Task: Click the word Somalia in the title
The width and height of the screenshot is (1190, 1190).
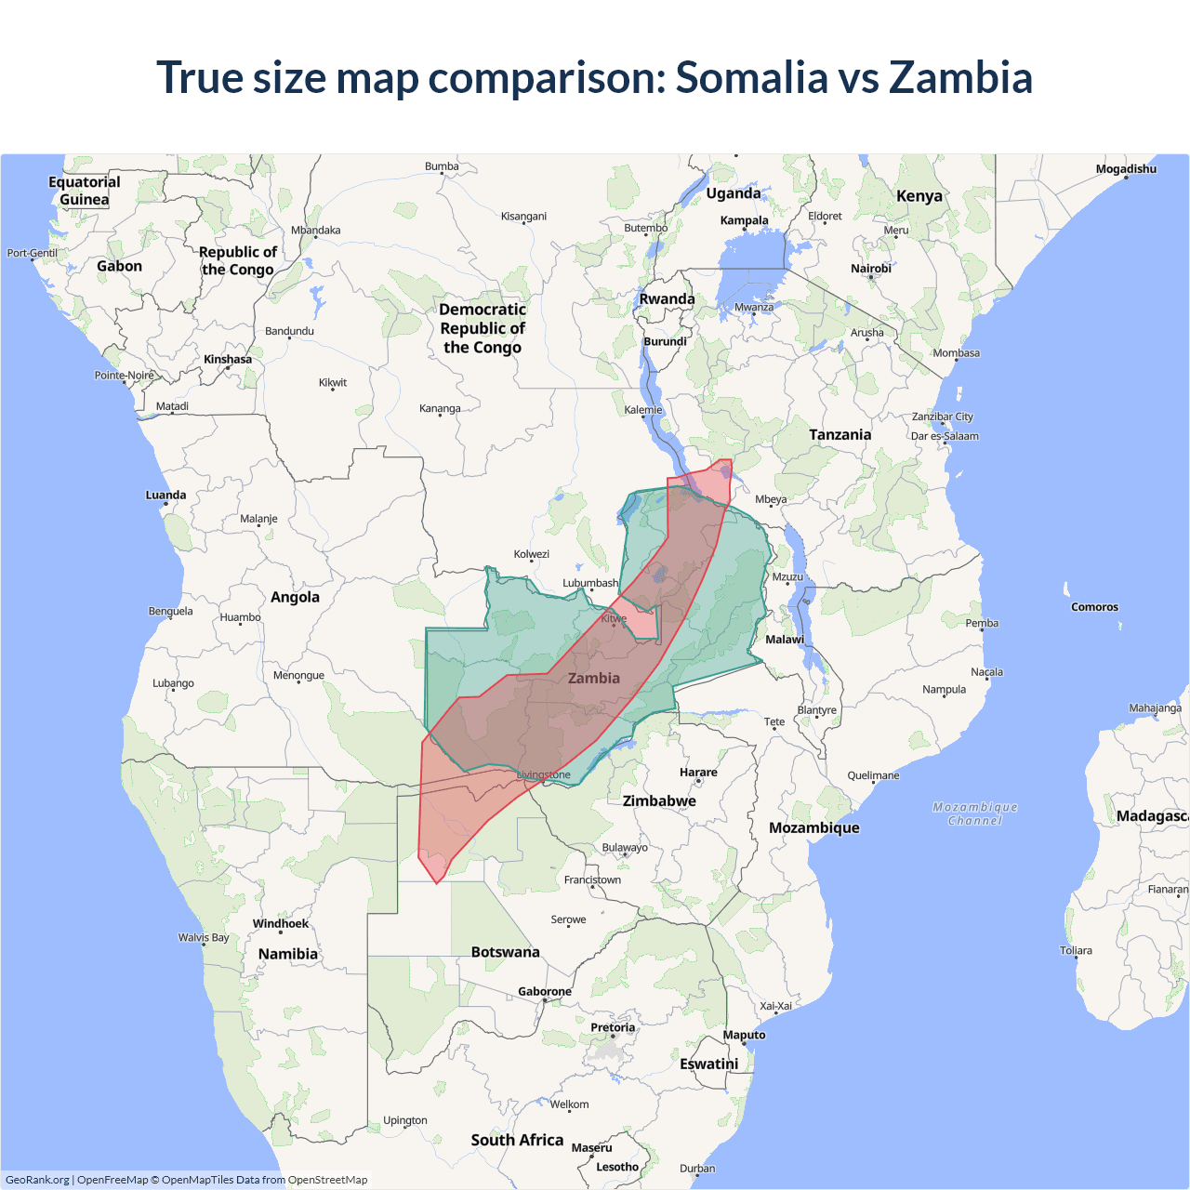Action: pyautogui.click(x=750, y=77)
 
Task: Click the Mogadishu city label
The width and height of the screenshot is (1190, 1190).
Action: pyautogui.click(x=1126, y=169)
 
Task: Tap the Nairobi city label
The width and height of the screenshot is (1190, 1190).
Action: pyautogui.click(x=870, y=269)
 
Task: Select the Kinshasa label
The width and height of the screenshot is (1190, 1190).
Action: pyautogui.click(x=228, y=360)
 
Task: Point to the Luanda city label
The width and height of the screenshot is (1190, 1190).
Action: pyautogui.click(x=165, y=496)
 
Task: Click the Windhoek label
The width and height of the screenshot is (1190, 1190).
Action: pyautogui.click(x=280, y=923)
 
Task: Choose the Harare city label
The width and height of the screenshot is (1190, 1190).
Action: pyautogui.click(x=698, y=773)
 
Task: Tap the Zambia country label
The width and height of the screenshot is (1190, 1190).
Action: pyautogui.click(x=593, y=679)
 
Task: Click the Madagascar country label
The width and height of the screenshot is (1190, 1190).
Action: pyautogui.click(x=1152, y=816)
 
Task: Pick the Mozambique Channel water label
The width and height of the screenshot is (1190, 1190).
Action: pyautogui.click(x=975, y=813)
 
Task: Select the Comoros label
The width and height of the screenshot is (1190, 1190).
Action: pyautogui.click(x=1094, y=607)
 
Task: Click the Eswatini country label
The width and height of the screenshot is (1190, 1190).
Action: pyautogui.click(x=708, y=1064)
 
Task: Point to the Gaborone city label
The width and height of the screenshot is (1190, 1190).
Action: pyautogui.click(x=545, y=992)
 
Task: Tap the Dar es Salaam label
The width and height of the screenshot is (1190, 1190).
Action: pyautogui.click(x=945, y=436)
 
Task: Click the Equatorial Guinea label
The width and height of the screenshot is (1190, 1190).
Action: pyautogui.click(x=85, y=191)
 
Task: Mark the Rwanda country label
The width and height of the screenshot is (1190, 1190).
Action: pyautogui.click(x=667, y=299)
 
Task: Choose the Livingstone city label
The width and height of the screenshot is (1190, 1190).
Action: pyautogui.click(x=544, y=774)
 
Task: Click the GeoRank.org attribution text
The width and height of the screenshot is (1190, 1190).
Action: pyautogui.click(x=37, y=1180)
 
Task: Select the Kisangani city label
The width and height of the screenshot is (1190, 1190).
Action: pyautogui.click(x=523, y=217)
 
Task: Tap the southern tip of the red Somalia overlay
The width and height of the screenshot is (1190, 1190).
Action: pyautogui.click(x=436, y=882)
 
